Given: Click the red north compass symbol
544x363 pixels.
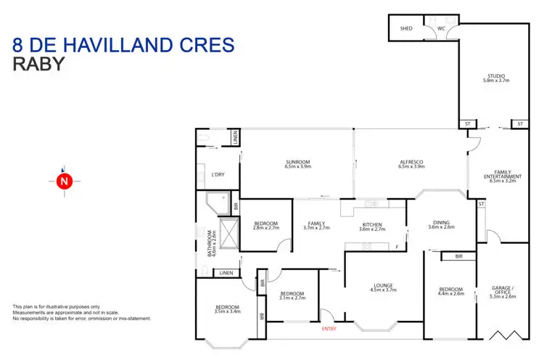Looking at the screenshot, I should coord(64,181).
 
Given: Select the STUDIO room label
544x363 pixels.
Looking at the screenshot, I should coord(496,76).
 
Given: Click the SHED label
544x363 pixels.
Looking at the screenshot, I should coord(406,30).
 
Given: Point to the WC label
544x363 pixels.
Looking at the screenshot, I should coord(442,30).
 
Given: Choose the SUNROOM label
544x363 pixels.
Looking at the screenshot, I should coord(297,162).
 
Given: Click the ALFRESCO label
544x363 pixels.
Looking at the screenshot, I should coord(411,162).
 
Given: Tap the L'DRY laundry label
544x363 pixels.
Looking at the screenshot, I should coord(218,175).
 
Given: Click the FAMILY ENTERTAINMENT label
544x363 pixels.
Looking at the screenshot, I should coord(503,174).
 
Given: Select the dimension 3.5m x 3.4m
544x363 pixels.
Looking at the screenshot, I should coord(227,311).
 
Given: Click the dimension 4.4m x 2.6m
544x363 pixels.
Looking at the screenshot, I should coord(450,295).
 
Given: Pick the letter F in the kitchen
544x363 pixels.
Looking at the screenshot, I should coord(397,248).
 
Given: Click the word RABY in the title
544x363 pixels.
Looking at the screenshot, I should coord(39,65).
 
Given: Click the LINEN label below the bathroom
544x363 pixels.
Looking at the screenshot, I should coord(226,273).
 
